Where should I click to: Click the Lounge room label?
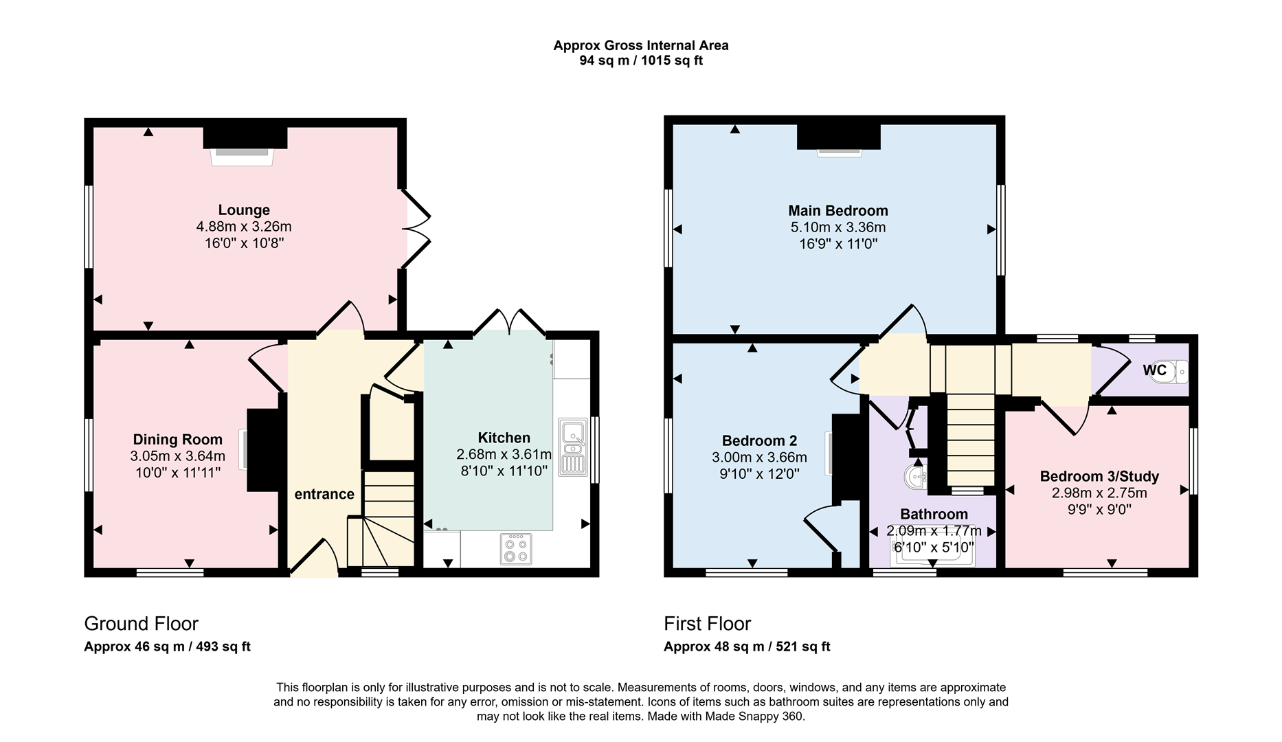[x=244, y=210]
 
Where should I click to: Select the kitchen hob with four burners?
[x=515, y=549]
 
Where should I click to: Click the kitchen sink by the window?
[x=572, y=447]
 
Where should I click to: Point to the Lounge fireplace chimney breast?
[x=245, y=137]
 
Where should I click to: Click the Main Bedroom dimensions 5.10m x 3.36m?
[x=837, y=227]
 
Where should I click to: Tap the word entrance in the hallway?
[x=324, y=494]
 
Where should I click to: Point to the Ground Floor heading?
[x=141, y=624]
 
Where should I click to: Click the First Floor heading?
[x=707, y=624]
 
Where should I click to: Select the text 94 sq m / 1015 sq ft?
[x=640, y=60]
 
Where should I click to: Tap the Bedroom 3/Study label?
[x=1099, y=476]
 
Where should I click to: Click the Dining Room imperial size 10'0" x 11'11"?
[x=178, y=473]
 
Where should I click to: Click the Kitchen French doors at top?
[x=509, y=322]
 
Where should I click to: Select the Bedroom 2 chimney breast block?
[x=846, y=458]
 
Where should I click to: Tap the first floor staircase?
[x=970, y=440]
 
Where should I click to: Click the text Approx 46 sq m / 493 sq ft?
[x=167, y=647]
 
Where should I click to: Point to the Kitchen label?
[x=504, y=438]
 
